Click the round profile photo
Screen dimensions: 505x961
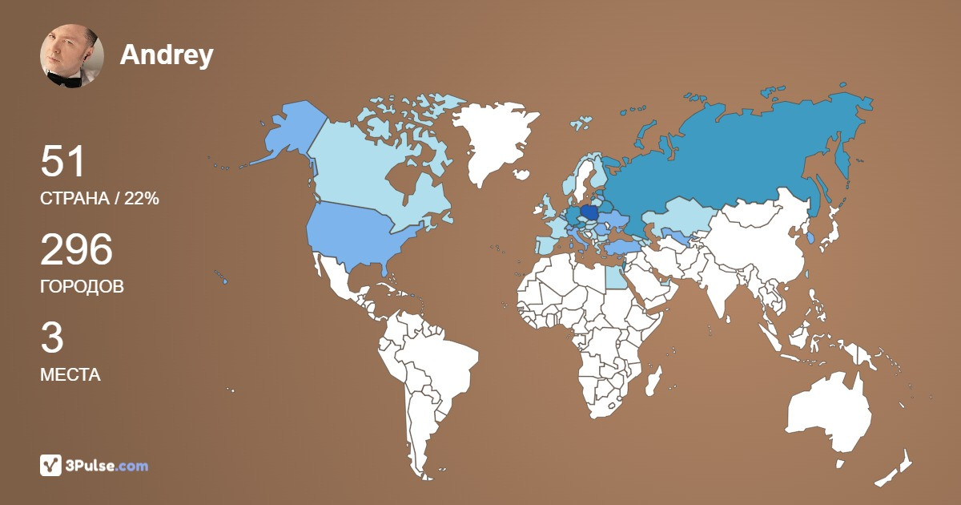[x=72, y=55]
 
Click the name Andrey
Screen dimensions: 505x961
[x=167, y=55]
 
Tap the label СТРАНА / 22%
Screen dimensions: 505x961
[x=99, y=199]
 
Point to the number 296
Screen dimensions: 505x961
[x=76, y=250]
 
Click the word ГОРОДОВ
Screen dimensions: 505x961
[x=82, y=286]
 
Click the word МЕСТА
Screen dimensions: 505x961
[x=70, y=374]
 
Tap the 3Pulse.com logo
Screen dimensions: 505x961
[x=94, y=465]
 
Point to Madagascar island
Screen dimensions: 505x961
[x=653, y=383]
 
